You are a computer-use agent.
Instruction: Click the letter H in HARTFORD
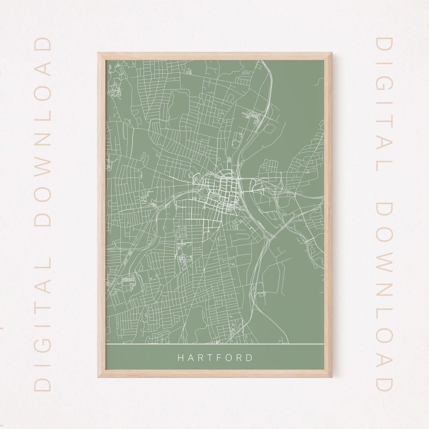coord(180,357)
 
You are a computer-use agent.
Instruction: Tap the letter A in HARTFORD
coord(190,357)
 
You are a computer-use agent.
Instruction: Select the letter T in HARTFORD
coord(209,357)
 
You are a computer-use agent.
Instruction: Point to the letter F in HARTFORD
coord(219,357)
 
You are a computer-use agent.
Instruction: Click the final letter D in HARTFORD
coord(249,357)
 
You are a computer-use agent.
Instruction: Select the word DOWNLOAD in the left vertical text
coord(43,131)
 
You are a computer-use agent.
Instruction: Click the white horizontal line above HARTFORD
coord(214,343)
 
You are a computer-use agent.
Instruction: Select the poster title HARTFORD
coord(214,357)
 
